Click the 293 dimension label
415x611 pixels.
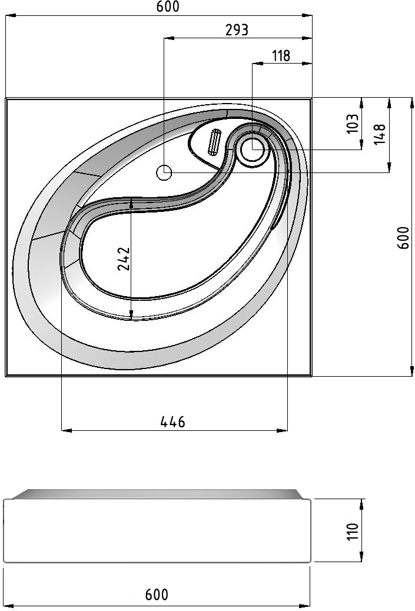click(237, 29)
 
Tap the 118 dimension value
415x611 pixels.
click(281, 56)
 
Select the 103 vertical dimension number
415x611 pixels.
click(352, 124)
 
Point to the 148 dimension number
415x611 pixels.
click(380, 134)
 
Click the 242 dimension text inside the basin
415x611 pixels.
click(124, 258)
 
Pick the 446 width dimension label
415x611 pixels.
click(172, 421)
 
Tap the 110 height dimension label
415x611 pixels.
click(352, 532)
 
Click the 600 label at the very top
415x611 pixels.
click(168, 6)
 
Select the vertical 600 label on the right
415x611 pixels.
click(403, 238)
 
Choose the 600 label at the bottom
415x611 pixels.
click(157, 595)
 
